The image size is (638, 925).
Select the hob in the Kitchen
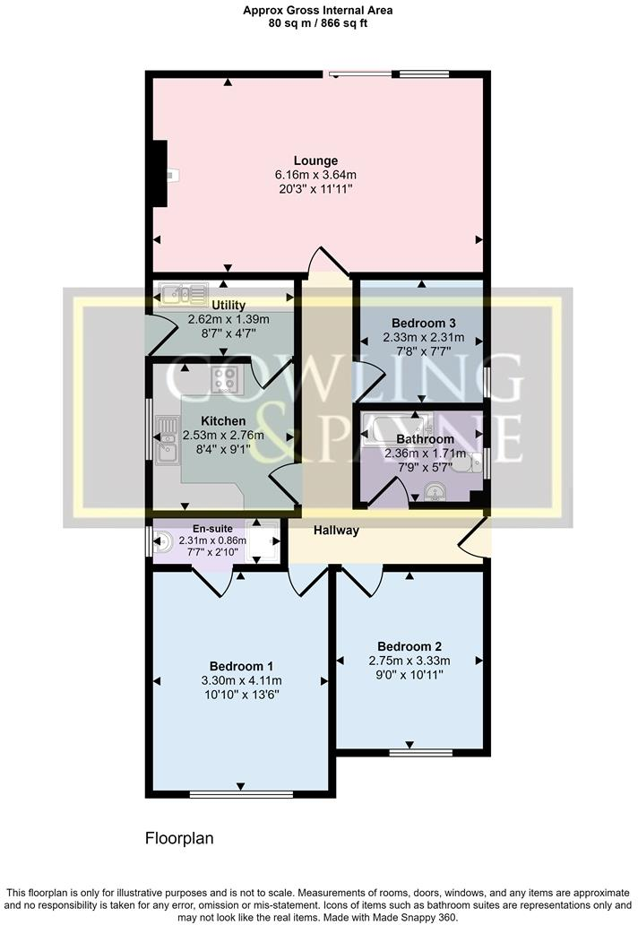(x=224, y=380)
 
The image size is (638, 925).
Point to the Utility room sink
(x=182, y=293)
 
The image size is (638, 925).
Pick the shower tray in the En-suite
(x=263, y=541)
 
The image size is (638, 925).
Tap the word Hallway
(x=336, y=531)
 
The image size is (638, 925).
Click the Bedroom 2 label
(x=410, y=645)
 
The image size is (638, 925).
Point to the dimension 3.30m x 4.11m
(x=240, y=680)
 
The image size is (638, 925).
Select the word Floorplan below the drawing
(x=179, y=839)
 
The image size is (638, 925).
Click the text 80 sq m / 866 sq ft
(x=318, y=24)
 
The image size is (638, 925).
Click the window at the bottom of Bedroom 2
(x=410, y=752)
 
